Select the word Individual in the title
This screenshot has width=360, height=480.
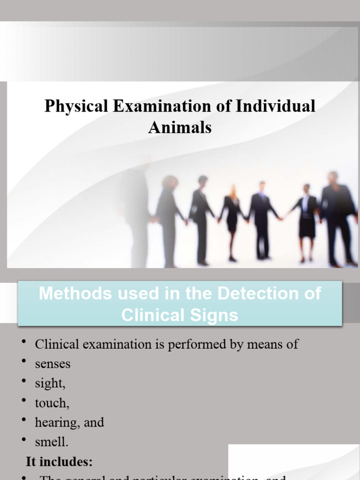275,106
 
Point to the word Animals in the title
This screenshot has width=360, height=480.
180,127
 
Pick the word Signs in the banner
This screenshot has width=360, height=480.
215,315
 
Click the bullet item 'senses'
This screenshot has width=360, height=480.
52,364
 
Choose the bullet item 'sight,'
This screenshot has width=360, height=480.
50,383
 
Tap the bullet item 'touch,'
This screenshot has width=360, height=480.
52,403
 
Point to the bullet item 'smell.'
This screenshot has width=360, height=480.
52,442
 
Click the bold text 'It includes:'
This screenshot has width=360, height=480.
59,462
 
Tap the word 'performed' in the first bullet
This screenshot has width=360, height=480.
206,345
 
